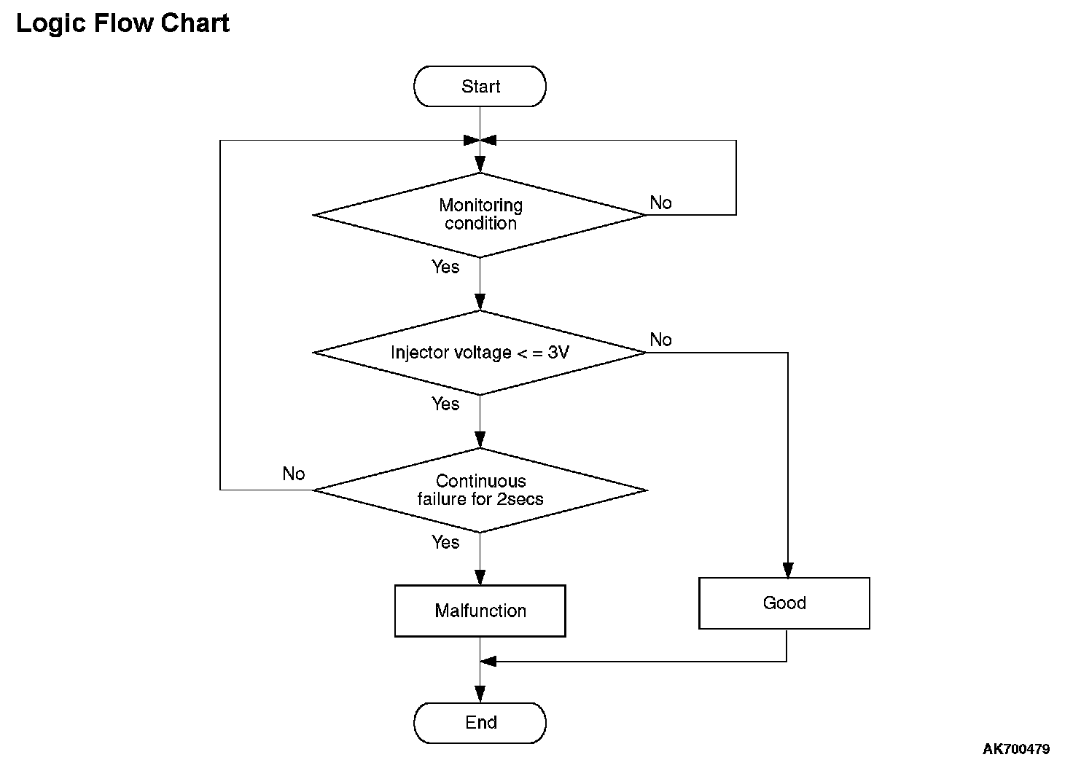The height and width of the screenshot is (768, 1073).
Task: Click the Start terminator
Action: [x=480, y=86]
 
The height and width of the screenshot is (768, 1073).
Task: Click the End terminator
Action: [x=480, y=723]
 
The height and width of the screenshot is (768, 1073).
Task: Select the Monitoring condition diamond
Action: [x=480, y=215]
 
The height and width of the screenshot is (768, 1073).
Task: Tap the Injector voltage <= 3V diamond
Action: [x=480, y=353]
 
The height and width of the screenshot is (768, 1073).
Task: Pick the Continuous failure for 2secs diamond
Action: [x=480, y=490]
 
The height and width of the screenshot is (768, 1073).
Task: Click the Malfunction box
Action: [x=480, y=611]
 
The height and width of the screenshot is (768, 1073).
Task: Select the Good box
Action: [x=784, y=603]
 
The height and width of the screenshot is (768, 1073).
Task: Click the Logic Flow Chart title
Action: [x=123, y=23]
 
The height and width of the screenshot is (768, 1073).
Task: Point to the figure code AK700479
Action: [x=1016, y=749]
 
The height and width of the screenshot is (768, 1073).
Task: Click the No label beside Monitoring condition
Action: [x=660, y=203]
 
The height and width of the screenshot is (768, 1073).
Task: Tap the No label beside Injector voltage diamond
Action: [x=660, y=340]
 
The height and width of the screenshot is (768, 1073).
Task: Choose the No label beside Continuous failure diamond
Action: [x=294, y=474]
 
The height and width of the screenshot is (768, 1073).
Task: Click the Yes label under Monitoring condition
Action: [x=445, y=267]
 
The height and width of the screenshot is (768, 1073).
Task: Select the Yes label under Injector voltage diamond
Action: [x=445, y=404]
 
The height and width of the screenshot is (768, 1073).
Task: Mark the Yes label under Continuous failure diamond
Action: [x=445, y=542]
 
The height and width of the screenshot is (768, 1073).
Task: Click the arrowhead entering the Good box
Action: [x=788, y=570]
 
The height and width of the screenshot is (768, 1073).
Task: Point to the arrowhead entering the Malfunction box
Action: [x=480, y=577]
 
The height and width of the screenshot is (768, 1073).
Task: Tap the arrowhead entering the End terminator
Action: [x=480, y=694]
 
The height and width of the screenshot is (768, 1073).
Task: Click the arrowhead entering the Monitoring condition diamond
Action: [x=480, y=165]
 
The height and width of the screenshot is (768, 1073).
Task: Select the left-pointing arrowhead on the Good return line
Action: [x=488, y=662]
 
